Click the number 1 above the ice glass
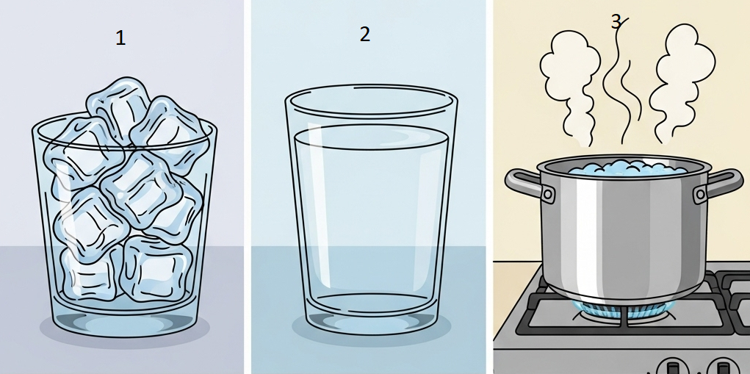[x=120, y=37]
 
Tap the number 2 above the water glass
[x=365, y=35]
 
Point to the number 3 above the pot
[x=616, y=22]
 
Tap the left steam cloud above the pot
[x=570, y=82]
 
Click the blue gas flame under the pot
[x=622, y=312]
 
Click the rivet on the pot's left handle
[x=549, y=195]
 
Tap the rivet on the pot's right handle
[x=701, y=194]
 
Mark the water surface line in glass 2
[x=371, y=137]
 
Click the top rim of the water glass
[x=371, y=101]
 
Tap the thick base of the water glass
[x=372, y=313]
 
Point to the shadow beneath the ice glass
[x=124, y=331]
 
